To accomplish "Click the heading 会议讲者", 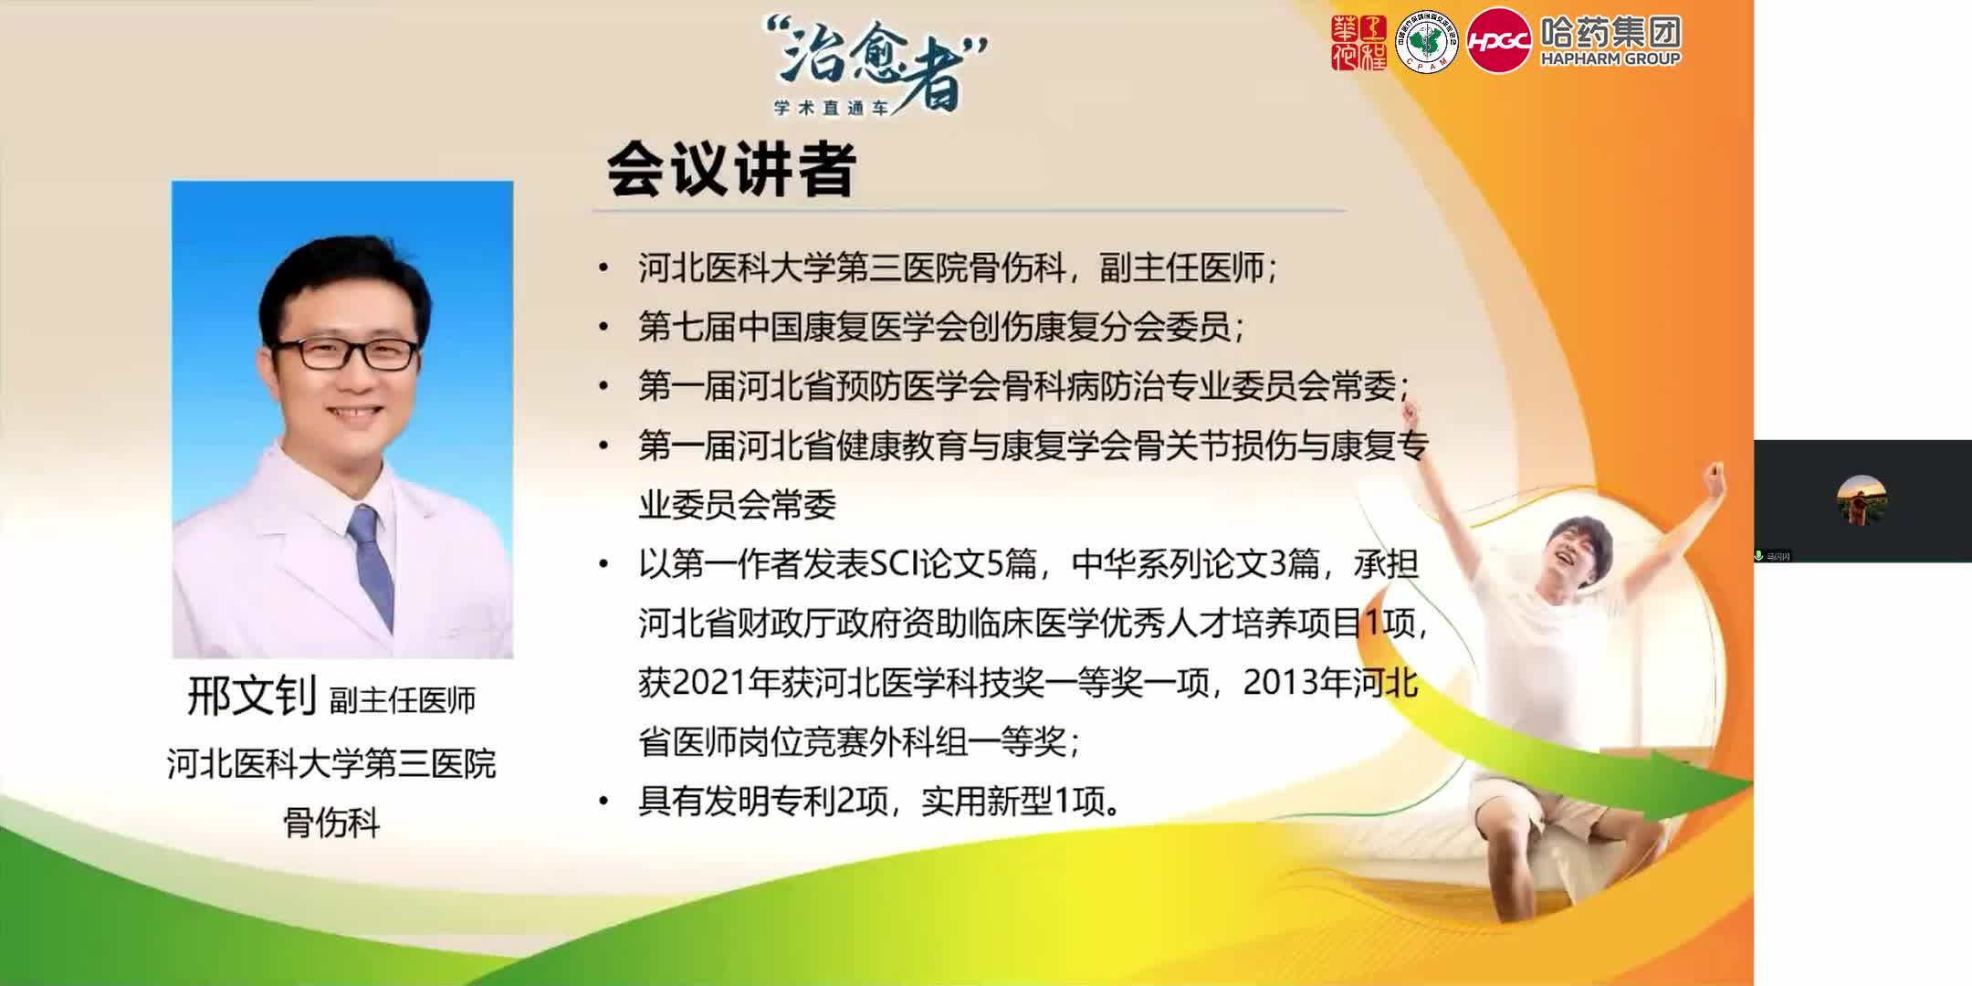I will [x=730, y=170].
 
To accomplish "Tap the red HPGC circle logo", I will [x=1498, y=41].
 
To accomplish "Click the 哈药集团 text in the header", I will [x=1610, y=33].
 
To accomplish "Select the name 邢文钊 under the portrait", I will [x=251, y=697].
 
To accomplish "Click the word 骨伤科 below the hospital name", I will [x=331, y=823].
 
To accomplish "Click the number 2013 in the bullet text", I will [x=1278, y=683].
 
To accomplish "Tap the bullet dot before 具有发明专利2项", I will [x=603, y=802].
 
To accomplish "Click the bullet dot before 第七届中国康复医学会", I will [x=603, y=327].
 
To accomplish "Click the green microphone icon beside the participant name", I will [x=1758, y=555].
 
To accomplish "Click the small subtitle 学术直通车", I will [x=831, y=108].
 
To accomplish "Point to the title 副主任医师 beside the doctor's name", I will [x=403, y=700].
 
